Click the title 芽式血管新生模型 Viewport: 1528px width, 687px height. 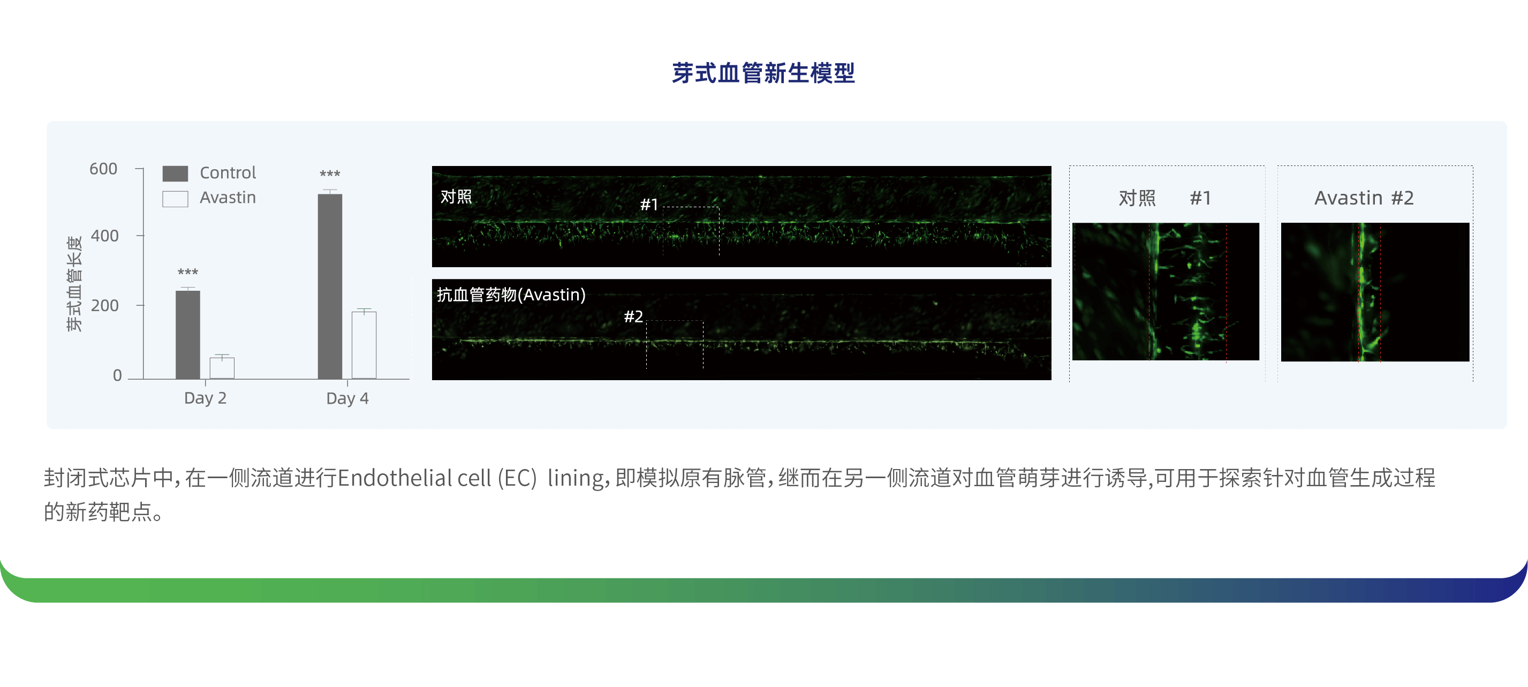coord(763,73)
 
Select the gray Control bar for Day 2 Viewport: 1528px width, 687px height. coord(188,335)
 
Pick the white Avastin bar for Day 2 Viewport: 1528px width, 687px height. coord(222,368)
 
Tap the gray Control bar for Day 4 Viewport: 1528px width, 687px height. coord(330,286)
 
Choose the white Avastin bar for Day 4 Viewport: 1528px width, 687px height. coord(364,345)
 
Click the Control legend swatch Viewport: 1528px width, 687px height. coord(175,173)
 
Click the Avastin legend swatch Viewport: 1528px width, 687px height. coord(175,199)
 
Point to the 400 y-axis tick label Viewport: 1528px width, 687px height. coord(104,236)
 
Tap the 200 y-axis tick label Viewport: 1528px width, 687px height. coord(104,306)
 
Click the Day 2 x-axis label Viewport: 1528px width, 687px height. coord(205,398)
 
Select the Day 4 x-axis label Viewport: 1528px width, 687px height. coord(347,398)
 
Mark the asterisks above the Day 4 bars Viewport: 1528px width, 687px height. coord(330,175)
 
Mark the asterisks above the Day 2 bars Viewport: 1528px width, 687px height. coord(188,273)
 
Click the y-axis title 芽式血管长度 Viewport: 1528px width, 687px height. coord(74,284)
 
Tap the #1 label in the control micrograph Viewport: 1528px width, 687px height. coord(649,205)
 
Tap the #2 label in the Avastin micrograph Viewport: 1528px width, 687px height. coord(633,316)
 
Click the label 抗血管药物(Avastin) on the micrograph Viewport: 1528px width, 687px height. coord(511,295)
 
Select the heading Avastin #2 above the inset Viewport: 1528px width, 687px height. coord(1364,198)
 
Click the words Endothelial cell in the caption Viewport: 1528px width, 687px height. coord(414,478)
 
